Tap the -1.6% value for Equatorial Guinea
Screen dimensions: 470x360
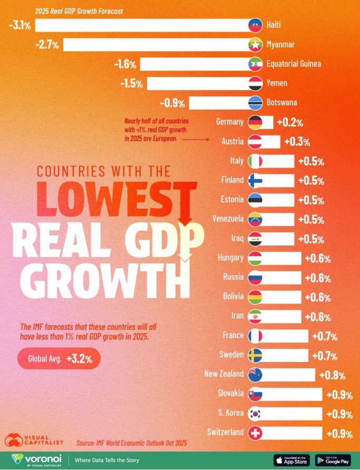125,64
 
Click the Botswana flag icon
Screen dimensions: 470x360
255,103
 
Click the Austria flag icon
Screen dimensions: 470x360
255,142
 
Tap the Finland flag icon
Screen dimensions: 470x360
255,181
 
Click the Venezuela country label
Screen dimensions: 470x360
228,219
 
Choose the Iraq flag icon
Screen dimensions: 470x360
255,239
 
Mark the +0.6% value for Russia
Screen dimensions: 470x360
318,278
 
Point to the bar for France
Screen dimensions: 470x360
285,336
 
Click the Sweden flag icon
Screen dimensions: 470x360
255,355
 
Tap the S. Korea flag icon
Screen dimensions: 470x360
255,414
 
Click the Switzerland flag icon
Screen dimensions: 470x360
255,433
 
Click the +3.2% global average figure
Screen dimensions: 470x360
80,359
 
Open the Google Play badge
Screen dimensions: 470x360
333,460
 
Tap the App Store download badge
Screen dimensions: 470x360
291,460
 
